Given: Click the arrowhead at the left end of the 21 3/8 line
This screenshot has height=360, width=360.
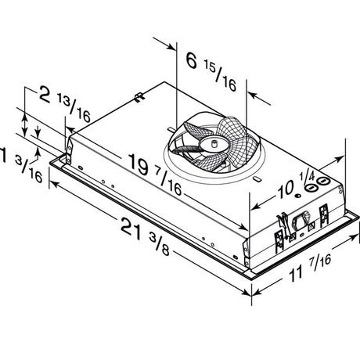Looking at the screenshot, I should coord(53,184).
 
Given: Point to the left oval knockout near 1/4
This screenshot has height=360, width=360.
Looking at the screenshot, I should coord(311,189).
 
